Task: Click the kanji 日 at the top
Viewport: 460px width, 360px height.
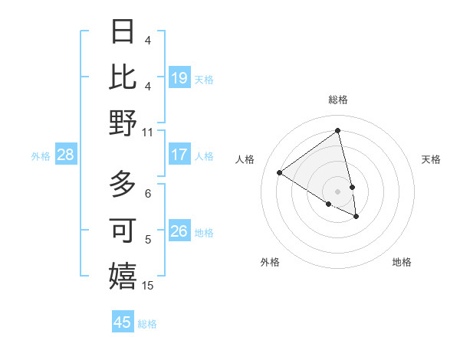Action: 123,32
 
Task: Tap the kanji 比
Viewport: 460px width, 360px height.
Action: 123,77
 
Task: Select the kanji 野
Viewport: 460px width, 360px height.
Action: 123,123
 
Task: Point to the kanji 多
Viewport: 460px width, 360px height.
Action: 123,185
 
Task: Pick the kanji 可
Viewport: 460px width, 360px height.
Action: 123,230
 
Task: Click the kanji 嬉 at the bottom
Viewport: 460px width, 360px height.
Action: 123,276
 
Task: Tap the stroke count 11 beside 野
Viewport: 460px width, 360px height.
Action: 148,132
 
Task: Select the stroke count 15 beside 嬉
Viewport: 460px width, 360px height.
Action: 148,286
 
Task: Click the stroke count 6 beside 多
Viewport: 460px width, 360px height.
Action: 148,194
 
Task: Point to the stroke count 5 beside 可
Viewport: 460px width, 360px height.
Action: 148,240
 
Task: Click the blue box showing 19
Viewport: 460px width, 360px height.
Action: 179,78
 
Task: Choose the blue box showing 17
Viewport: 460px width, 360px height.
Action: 179,155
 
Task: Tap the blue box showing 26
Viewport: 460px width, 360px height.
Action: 179,231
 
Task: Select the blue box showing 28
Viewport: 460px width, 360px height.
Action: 65,155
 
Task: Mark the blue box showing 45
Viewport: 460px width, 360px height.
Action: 123,322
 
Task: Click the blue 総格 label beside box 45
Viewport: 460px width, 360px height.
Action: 148,324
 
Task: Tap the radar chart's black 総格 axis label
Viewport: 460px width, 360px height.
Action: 338,100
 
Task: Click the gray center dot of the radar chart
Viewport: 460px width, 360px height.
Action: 338,191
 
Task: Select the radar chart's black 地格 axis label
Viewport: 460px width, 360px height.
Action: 402,262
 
